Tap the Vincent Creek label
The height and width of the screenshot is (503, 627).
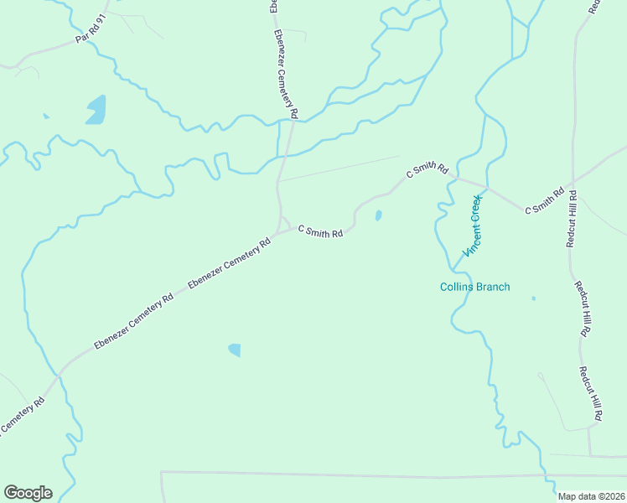tap(475, 226)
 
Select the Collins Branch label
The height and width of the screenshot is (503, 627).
tap(475, 287)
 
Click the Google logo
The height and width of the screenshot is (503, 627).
tap(28, 493)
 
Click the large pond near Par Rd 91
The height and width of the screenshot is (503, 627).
tap(96, 109)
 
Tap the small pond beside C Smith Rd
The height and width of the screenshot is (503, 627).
tap(379, 215)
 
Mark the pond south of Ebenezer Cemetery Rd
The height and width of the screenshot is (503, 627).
tap(235, 350)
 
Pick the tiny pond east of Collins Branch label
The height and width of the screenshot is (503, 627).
tap(533, 298)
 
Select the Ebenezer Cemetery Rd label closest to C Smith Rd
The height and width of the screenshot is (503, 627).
tap(229, 264)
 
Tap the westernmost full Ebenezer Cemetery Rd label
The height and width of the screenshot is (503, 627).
tap(133, 319)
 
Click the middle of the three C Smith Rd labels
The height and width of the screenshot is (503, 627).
tap(427, 169)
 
